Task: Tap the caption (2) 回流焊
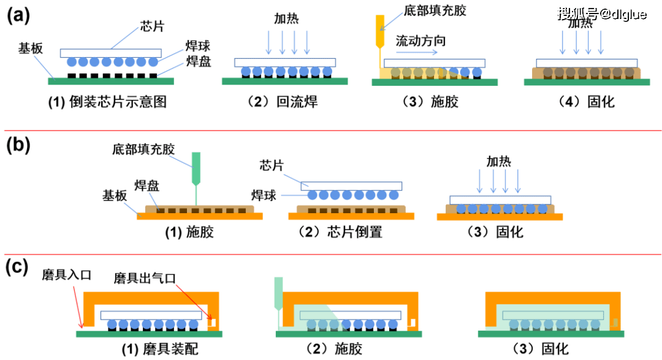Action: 284,102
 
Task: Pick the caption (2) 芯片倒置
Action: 340,232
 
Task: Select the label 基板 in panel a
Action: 30,50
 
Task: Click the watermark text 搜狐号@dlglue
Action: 601,13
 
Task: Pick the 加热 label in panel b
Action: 499,161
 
